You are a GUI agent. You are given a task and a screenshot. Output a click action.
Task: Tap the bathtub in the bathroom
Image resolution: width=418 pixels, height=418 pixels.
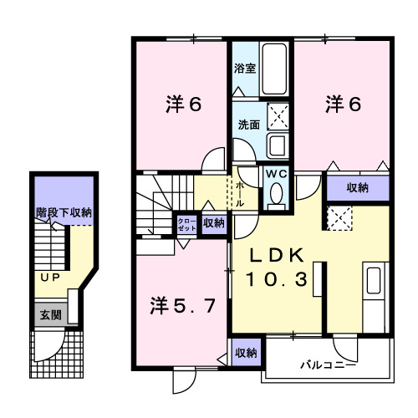tap(273, 69)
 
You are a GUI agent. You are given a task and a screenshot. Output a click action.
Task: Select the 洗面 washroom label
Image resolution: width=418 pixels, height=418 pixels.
tap(248, 125)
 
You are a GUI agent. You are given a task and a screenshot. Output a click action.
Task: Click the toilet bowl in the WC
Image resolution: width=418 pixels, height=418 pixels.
tap(275, 194)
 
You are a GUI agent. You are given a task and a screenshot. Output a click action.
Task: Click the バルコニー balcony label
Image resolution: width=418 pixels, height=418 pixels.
tap(329, 365)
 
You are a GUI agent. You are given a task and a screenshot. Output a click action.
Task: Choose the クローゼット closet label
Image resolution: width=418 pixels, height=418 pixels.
tap(185, 223)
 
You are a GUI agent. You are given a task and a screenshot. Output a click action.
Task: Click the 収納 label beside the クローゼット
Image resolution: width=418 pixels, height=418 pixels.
tap(213, 223)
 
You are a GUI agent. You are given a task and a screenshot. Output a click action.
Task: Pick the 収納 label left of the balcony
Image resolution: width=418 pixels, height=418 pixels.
tap(245, 353)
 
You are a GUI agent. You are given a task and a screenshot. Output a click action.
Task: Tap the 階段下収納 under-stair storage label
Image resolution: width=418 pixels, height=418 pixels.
tap(64, 213)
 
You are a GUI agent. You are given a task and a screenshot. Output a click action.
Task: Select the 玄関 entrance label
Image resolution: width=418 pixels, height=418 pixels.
tap(49, 315)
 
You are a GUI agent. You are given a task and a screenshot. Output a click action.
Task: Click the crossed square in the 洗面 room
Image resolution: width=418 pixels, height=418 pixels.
tap(278, 115)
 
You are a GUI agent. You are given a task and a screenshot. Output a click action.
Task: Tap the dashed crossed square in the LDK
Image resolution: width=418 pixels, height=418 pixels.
tap(339, 218)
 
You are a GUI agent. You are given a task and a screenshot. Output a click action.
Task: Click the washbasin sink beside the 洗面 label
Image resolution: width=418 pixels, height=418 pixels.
tap(278, 145)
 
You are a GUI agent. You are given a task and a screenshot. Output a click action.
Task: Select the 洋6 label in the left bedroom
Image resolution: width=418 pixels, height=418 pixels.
tap(184, 104)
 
